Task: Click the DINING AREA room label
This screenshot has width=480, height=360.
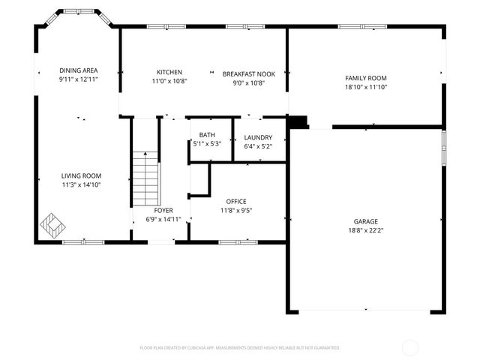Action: click(x=79, y=70)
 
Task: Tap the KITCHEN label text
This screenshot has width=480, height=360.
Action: click(x=169, y=71)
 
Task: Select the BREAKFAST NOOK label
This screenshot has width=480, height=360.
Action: click(x=249, y=73)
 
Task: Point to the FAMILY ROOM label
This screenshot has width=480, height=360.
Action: click(x=365, y=78)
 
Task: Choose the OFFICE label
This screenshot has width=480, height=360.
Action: click(x=236, y=202)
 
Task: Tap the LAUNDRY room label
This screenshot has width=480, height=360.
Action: click(x=258, y=137)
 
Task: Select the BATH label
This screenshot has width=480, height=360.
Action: click(x=206, y=135)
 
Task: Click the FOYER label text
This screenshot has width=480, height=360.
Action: click(x=163, y=211)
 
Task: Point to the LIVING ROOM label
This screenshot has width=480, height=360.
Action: click(x=81, y=175)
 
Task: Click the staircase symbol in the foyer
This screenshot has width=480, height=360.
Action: click(x=146, y=178)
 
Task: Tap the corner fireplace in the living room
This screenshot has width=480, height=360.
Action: click(x=52, y=223)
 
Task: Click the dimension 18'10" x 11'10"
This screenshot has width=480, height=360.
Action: click(x=365, y=87)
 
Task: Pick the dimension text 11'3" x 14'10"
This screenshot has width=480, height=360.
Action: click(x=81, y=184)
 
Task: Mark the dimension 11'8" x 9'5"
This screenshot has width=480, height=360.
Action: click(x=236, y=211)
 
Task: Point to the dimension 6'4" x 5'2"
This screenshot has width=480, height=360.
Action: click(x=258, y=146)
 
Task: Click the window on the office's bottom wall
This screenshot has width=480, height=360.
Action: click(x=237, y=241)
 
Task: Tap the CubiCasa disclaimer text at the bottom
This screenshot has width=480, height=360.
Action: click(x=240, y=348)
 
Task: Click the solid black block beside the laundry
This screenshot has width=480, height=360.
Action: click(x=298, y=122)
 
